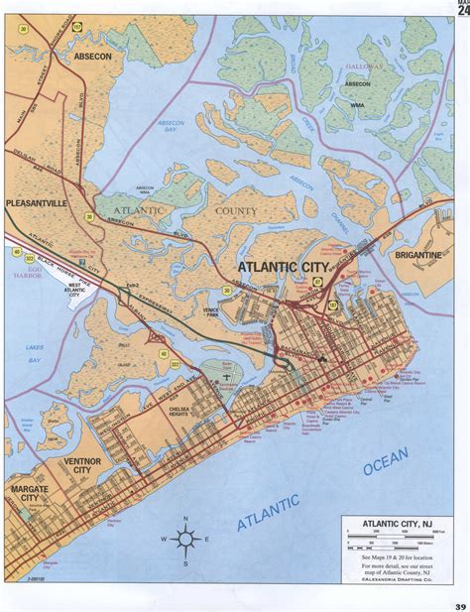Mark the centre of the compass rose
(185, 539)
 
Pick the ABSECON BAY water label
(174, 128)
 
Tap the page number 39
(460, 605)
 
